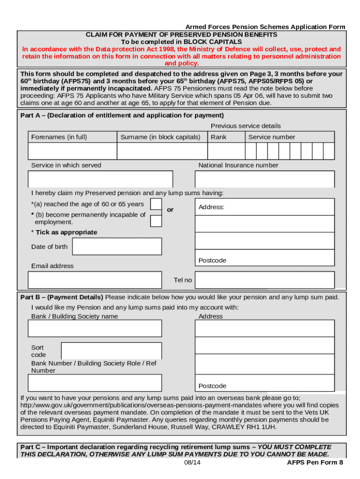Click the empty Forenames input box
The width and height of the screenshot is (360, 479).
(72, 151)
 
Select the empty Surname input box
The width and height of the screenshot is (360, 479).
(162, 151)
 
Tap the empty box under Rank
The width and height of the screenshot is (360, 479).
(226, 151)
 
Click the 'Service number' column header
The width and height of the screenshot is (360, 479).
(272, 137)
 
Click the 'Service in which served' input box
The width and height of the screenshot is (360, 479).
(100, 179)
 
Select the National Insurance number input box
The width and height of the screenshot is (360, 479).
(264, 179)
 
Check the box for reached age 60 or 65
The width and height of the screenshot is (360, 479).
(156, 204)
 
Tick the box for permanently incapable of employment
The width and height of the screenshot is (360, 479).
(156, 221)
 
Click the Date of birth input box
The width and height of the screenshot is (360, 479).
(117, 247)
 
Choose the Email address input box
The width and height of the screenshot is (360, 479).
(94, 280)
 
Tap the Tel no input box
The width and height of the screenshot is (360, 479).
(264, 280)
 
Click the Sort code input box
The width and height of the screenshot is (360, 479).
(111, 351)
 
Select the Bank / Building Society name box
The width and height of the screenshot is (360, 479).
(94, 328)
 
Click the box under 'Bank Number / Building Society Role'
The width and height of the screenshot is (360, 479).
(94, 383)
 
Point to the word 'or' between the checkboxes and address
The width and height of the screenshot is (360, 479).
(170, 210)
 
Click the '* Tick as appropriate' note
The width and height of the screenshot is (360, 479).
(64, 232)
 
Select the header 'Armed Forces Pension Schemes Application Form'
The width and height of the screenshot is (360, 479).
(265, 27)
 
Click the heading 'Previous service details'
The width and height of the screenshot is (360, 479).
(245, 126)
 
